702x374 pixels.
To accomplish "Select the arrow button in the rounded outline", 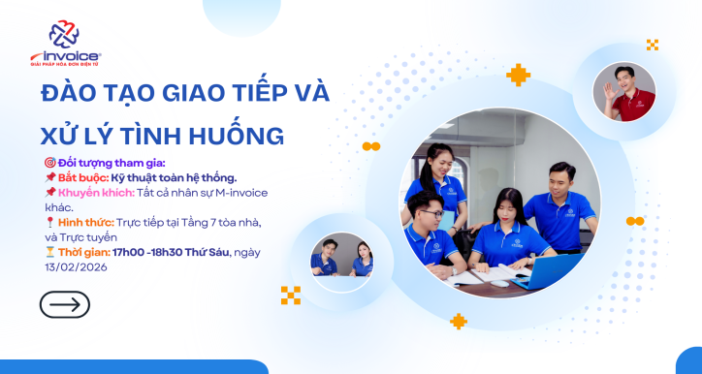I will click(65, 304).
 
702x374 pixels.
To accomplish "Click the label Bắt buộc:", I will click(81, 176).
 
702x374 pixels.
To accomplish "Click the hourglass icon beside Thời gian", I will click(50, 252).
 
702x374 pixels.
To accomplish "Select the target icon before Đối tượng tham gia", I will click(50, 161).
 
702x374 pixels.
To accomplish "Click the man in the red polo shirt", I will click(624, 95).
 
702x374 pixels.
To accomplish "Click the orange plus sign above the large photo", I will click(519, 75).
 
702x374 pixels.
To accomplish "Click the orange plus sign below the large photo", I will click(459, 321).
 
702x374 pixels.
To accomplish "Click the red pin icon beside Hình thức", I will click(49, 222).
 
